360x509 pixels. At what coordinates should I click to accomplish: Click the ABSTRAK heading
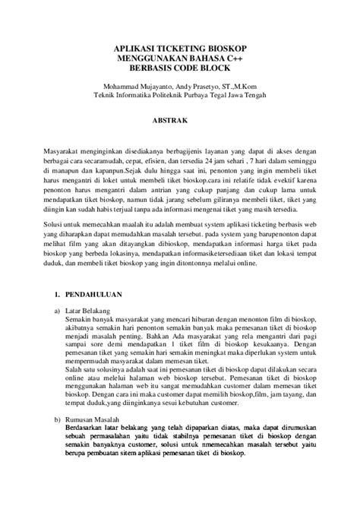[180, 119]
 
